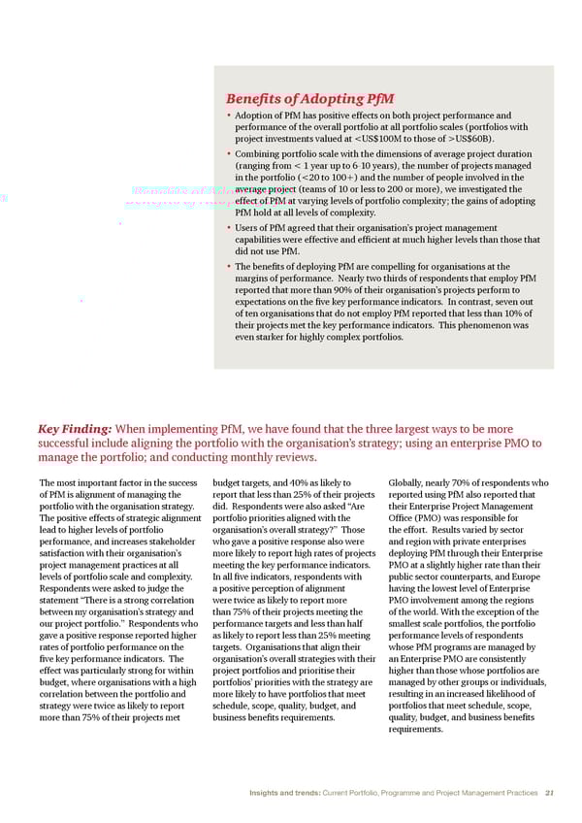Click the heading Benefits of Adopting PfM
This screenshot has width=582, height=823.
[309, 99]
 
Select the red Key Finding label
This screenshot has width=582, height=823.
[74, 429]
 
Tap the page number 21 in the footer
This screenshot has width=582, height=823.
[549, 793]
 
